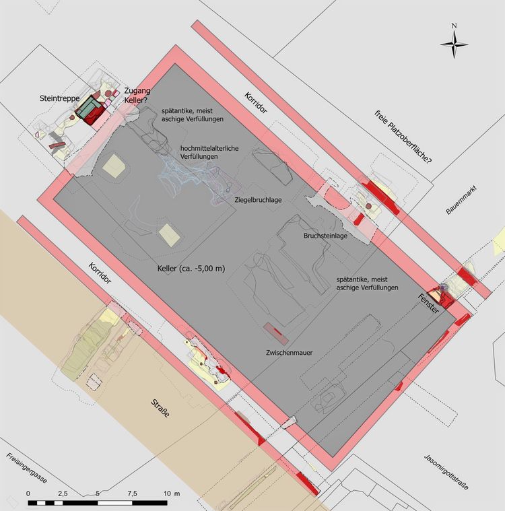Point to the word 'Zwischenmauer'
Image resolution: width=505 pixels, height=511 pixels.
[288, 352]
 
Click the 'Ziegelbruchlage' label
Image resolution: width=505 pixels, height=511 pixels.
[257, 200]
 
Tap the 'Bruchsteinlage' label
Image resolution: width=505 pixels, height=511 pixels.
[326, 236]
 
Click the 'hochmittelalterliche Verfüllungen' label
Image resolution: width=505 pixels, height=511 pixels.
[209, 152]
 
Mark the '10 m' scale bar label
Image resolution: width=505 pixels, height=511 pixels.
[172, 494]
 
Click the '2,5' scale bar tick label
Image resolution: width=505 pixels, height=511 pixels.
[63, 494]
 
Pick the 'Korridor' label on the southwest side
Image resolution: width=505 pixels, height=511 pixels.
[102, 276]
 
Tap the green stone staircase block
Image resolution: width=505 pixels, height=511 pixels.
[87, 110]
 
